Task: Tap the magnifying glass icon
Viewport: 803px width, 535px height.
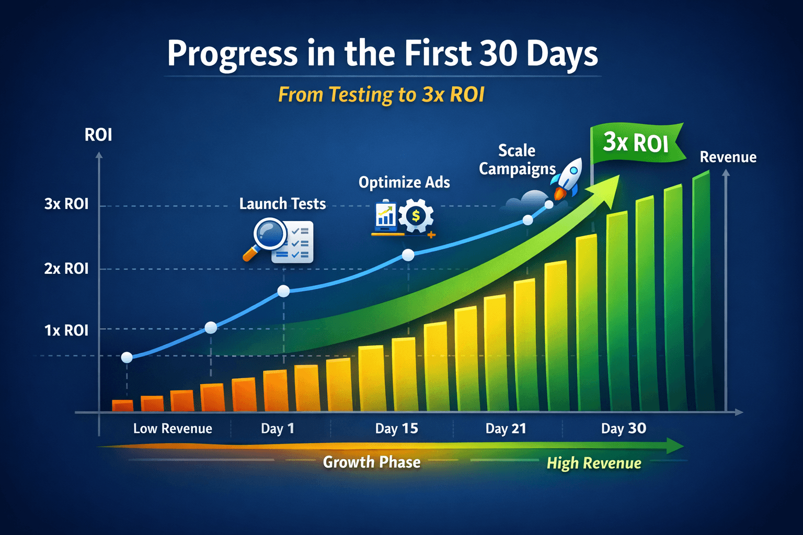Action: click(x=267, y=238)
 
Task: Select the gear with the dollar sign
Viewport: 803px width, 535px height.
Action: click(x=416, y=216)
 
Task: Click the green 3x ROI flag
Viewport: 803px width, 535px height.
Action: click(x=637, y=143)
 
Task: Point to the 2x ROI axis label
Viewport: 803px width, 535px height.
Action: click(x=66, y=269)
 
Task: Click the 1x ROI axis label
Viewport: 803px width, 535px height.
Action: click(x=66, y=330)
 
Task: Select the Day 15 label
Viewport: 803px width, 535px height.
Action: click(x=396, y=428)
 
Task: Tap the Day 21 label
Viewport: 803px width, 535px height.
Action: click(x=506, y=428)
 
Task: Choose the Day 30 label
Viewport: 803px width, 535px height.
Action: click(x=624, y=428)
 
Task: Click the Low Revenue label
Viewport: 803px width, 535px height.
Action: click(x=173, y=428)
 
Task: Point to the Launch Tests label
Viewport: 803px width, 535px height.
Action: click(x=282, y=204)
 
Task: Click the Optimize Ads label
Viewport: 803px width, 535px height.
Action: click(x=404, y=183)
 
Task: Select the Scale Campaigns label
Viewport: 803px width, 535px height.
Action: click(x=517, y=160)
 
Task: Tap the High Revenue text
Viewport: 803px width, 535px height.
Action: click(x=594, y=463)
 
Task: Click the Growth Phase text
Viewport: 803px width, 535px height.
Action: click(x=372, y=462)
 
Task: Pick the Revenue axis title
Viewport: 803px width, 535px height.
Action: click(x=728, y=157)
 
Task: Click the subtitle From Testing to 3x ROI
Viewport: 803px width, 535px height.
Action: click(x=381, y=95)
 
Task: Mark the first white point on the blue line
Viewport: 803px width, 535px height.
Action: click(x=127, y=357)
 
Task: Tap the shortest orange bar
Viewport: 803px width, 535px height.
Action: click(x=123, y=405)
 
